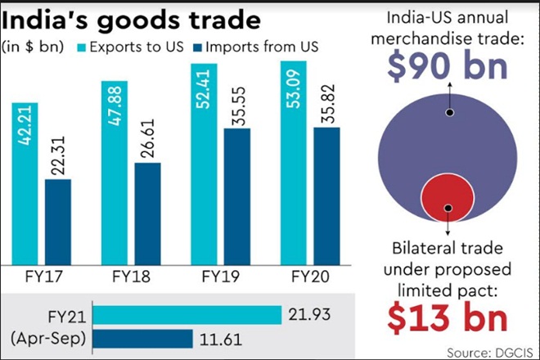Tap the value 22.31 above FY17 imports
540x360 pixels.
pos(58,155)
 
